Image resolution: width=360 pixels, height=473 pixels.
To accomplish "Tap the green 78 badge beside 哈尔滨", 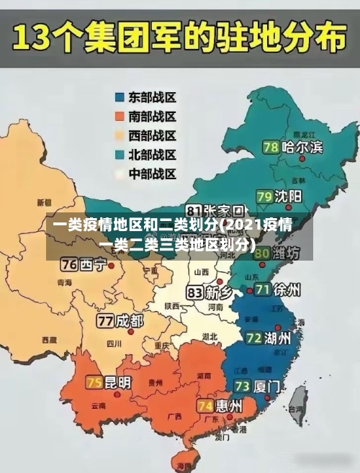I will [271, 147].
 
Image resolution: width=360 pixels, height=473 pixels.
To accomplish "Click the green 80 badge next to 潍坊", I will [263, 253].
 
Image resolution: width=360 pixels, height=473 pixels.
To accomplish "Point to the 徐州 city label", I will [288, 290].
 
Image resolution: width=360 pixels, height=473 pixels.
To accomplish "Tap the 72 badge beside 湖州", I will [253, 338].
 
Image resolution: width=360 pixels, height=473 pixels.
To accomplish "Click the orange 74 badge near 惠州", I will [204, 406].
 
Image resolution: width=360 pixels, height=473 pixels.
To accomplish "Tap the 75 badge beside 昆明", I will [94, 382].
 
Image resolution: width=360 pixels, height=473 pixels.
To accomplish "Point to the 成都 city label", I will [130, 320].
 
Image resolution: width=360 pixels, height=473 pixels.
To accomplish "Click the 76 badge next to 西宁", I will [69, 263].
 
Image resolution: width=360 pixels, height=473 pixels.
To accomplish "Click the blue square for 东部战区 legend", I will [120, 96].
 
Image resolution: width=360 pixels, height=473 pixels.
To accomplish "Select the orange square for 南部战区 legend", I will [120, 116].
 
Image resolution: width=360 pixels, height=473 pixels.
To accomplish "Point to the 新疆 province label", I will [45, 202].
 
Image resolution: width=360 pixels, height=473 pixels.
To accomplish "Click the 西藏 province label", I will [49, 339].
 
